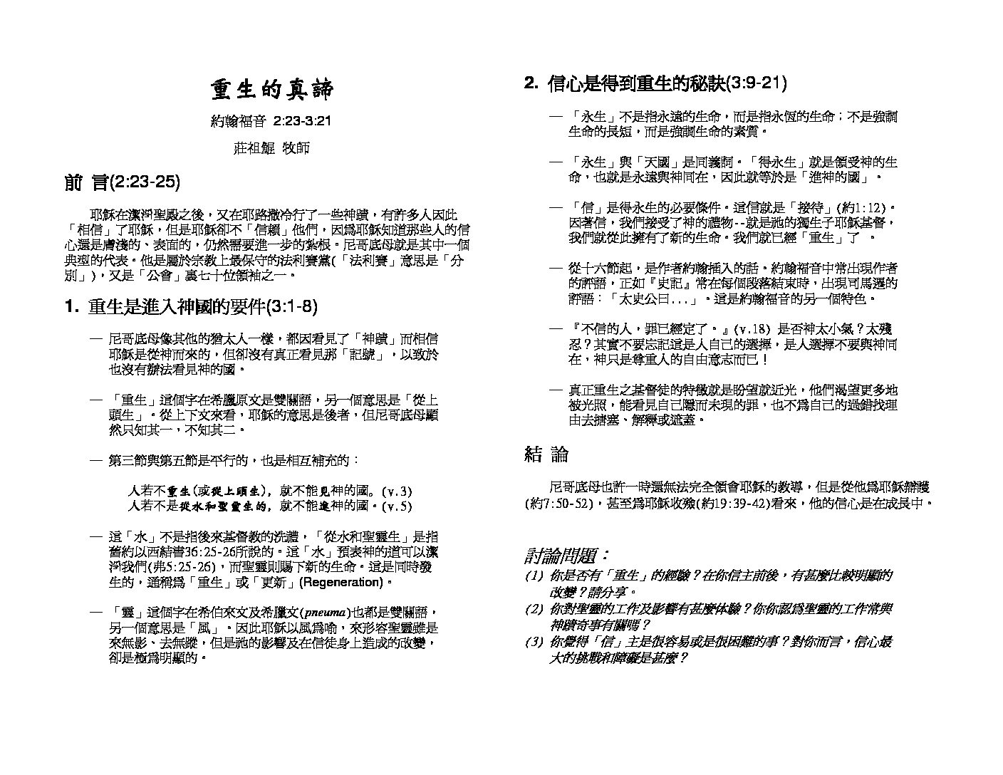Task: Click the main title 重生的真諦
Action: tap(271, 90)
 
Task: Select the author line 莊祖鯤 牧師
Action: tap(271, 148)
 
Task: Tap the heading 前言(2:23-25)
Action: tap(122, 183)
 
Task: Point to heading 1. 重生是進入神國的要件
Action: tap(190, 308)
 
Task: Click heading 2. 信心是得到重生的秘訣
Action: tap(655, 84)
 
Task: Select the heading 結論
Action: tap(546, 454)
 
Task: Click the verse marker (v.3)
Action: tap(397, 491)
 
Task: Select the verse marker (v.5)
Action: tap(397, 506)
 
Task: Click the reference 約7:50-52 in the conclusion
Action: tap(559, 503)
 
